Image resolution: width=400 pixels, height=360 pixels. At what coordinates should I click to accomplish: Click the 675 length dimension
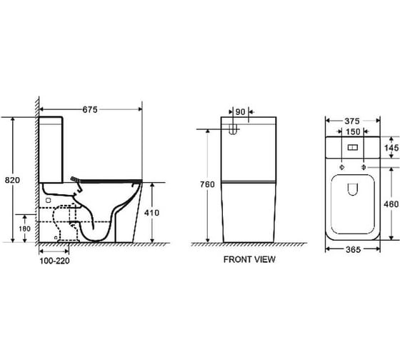tap(90, 110)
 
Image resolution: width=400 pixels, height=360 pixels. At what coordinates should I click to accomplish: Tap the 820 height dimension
tap(12, 180)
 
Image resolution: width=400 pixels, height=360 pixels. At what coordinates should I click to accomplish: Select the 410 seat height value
tap(151, 213)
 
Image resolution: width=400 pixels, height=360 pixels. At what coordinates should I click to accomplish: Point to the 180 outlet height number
tap(25, 229)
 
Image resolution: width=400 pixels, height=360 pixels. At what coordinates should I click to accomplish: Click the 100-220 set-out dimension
tap(54, 261)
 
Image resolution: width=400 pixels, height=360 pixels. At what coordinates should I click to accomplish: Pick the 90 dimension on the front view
tap(240, 111)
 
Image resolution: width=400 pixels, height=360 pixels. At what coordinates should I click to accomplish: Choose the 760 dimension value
tap(207, 184)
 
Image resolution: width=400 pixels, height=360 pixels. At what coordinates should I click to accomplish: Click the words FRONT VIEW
tap(249, 259)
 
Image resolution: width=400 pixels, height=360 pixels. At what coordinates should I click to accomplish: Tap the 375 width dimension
tap(352, 121)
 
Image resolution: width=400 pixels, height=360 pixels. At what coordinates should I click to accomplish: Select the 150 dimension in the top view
tap(353, 131)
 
